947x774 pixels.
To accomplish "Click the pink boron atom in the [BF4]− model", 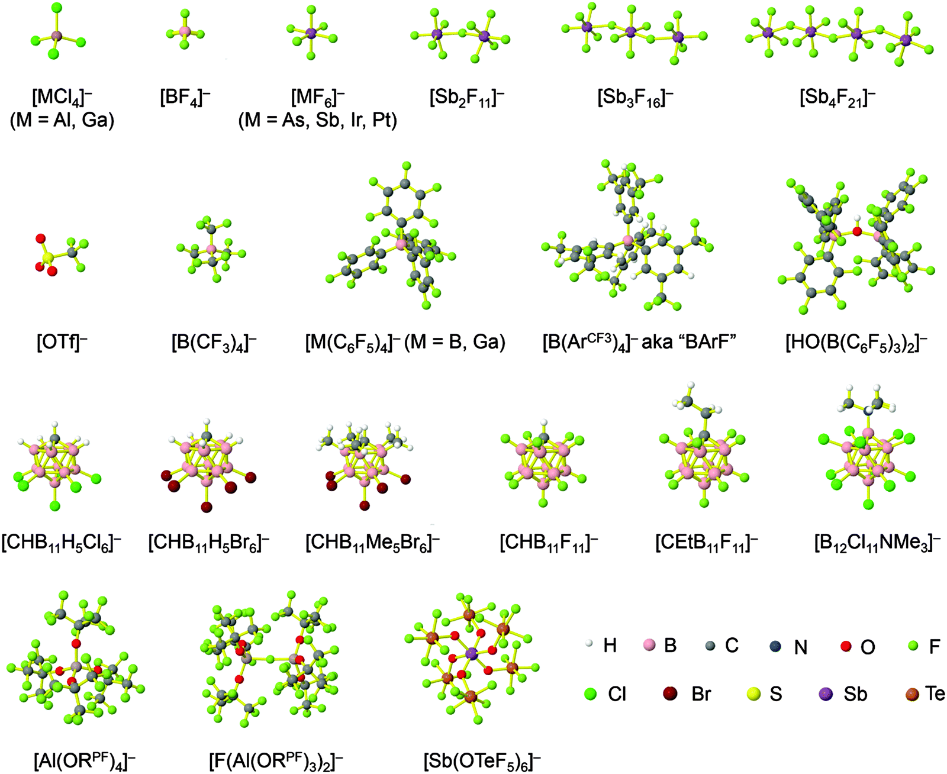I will (x=185, y=30).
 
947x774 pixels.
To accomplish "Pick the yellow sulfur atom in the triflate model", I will (x=49, y=257).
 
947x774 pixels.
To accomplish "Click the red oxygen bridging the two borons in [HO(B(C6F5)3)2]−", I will (x=856, y=231).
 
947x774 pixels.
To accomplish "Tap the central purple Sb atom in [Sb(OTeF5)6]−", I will (x=471, y=654).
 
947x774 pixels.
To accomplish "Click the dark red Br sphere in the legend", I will (x=670, y=694).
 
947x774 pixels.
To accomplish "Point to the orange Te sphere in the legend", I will (x=913, y=693).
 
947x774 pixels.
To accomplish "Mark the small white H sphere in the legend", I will (x=589, y=644).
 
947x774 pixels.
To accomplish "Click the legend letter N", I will (x=800, y=647).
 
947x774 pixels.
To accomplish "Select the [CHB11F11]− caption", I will (x=549, y=543).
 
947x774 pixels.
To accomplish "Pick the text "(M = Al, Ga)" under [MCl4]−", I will (x=62, y=120).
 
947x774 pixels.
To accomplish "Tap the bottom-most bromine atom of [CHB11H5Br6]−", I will (x=206, y=507).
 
